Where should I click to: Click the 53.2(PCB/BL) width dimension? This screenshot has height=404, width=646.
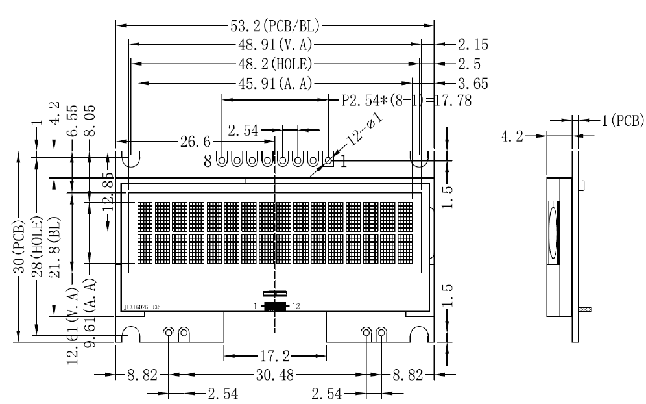click(276, 27)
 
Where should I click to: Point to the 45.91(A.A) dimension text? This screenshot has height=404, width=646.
click(276, 83)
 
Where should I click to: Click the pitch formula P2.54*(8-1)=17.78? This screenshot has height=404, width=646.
click(406, 101)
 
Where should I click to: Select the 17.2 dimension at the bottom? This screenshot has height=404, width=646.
click(274, 356)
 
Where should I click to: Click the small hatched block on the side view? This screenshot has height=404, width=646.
click(586, 310)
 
